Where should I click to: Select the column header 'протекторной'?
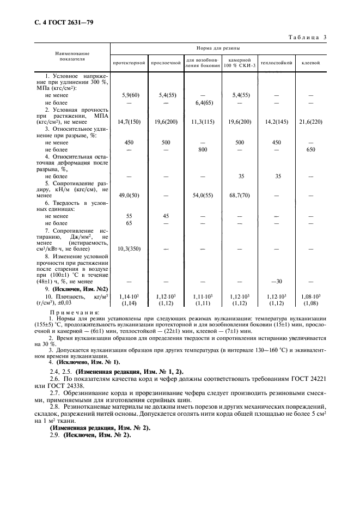click(129, 63)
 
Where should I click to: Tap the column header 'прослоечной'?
click(166, 63)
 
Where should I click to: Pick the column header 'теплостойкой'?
click(277, 63)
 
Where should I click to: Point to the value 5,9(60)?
click(129, 95)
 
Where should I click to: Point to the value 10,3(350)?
click(129, 248)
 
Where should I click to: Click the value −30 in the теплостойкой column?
click(277, 281)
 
